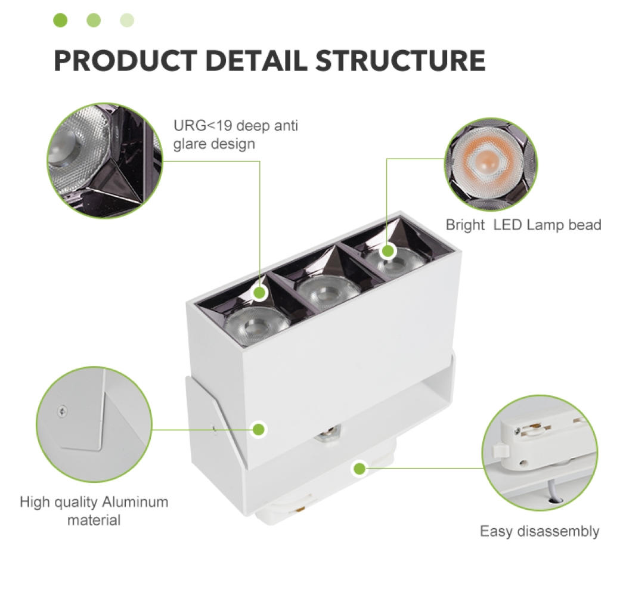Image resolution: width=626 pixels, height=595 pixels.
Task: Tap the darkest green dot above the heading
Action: tap(60, 21)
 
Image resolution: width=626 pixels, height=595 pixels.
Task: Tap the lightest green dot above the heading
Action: tap(127, 21)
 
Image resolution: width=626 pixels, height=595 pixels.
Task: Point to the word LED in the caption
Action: tap(507, 225)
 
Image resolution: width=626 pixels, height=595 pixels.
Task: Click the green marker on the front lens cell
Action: tap(259, 293)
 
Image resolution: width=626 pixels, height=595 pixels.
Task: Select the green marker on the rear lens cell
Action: tap(388, 251)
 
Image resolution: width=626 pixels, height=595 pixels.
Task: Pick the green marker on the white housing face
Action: tap(259, 429)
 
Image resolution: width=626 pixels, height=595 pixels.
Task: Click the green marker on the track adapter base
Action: tap(359, 469)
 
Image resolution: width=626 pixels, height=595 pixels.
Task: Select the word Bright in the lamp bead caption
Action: tap(465, 225)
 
